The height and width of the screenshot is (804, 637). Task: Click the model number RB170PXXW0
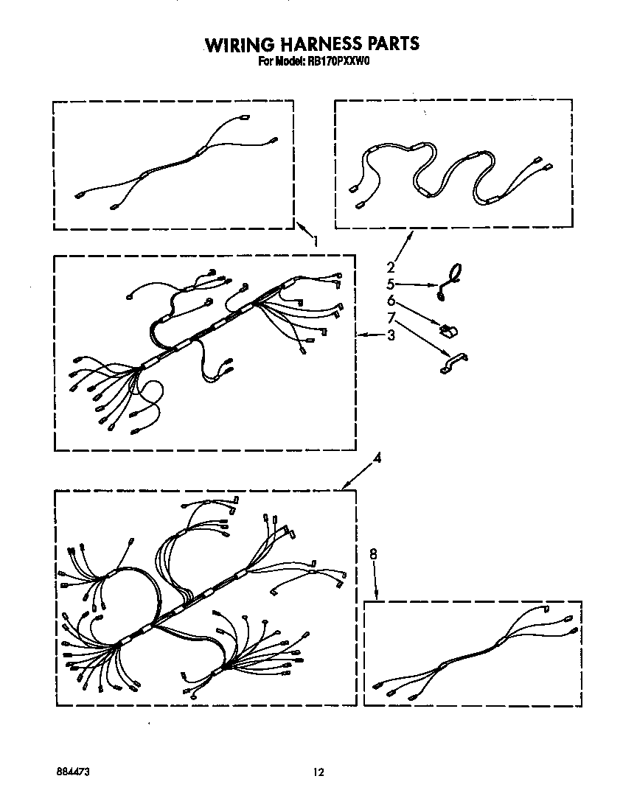338,62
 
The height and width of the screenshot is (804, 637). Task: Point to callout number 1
316,241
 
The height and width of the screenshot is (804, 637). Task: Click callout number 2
391,268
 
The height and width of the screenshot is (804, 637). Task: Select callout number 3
391,335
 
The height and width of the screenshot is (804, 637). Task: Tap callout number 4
377,458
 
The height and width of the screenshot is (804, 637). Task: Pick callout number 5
391,284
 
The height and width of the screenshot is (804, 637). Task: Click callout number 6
391,301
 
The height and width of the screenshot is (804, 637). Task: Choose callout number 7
391,318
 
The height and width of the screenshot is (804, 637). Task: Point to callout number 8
373,554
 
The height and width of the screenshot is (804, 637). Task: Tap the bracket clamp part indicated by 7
453,363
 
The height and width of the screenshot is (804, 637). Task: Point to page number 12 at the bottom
318,772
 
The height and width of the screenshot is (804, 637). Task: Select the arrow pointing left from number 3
370,335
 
